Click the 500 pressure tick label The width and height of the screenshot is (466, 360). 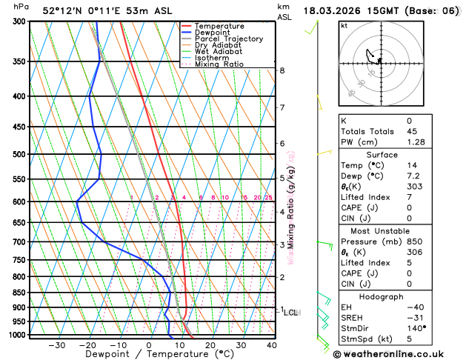click(x=19, y=154)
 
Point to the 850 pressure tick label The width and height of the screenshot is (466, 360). click(x=19, y=293)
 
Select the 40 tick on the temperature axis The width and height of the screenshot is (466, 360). click(x=271, y=345)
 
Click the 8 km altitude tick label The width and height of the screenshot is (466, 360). click(x=282, y=70)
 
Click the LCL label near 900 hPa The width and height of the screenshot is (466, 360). click(x=290, y=313)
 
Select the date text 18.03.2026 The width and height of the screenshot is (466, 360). click(x=335, y=11)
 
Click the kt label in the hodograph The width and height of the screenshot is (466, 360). click(x=344, y=25)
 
